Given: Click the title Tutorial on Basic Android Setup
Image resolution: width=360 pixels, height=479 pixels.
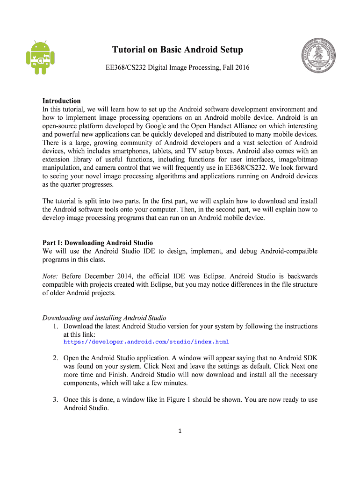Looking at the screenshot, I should (177, 50).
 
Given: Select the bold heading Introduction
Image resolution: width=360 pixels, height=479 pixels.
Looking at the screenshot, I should (61, 101).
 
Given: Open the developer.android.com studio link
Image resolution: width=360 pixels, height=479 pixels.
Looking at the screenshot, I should (146, 342).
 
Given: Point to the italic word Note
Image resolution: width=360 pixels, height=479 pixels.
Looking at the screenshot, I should (50, 276).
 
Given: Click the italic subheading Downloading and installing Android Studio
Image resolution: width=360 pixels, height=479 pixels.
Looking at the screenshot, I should (104, 318).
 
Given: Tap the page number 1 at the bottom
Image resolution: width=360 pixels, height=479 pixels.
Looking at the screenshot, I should (180, 431).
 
